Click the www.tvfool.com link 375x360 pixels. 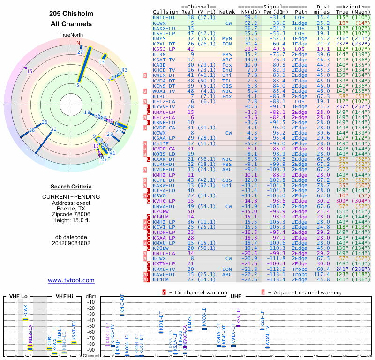(71, 280)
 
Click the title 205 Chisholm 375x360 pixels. (71, 14)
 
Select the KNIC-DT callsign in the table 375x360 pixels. (165, 17)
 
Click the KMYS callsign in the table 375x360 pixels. (161, 38)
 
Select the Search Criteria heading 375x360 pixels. (71, 187)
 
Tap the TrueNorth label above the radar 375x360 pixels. (71, 35)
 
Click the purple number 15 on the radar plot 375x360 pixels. (30, 71)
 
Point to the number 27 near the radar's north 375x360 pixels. (80, 52)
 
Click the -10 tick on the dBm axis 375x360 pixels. (91, 302)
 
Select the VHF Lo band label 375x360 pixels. (18, 296)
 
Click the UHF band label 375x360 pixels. (236, 296)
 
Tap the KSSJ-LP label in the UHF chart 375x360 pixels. (239, 316)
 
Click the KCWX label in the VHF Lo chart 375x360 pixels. (25, 310)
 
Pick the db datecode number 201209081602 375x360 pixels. (71, 243)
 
